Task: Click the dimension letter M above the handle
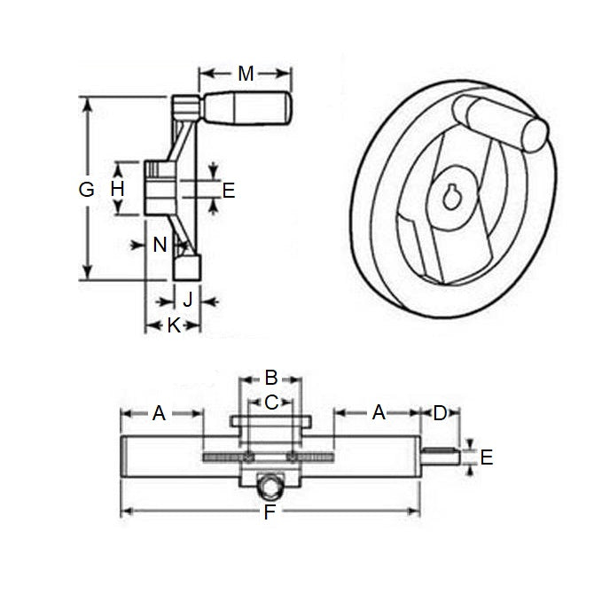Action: (x=246, y=74)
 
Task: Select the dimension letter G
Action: (x=86, y=189)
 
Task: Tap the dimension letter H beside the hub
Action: (x=117, y=188)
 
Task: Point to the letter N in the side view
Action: (x=160, y=245)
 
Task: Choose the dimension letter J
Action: (x=187, y=299)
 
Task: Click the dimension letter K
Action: (x=174, y=325)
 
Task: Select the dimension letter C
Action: (x=271, y=402)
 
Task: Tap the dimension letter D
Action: (x=440, y=412)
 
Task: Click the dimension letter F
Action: (x=270, y=513)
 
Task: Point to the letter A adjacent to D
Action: (x=379, y=412)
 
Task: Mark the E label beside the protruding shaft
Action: (x=485, y=457)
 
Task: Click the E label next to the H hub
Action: (x=228, y=189)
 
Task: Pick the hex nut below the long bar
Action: (x=270, y=487)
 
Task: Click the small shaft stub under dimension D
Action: (x=439, y=457)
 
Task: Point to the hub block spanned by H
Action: (x=160, y=188)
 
